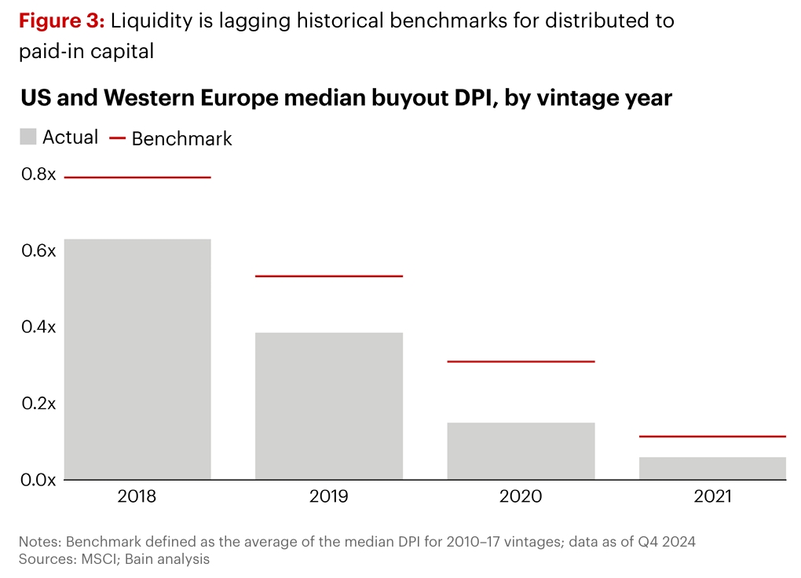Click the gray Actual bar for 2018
point(137,359)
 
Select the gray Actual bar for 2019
point(329,406)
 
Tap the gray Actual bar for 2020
point(521,451)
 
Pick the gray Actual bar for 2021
point(712,468)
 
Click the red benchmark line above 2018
point(137,177)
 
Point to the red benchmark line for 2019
point(329,276)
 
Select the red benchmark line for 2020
point(521,361)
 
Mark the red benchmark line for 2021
point(712,436)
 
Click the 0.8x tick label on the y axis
point(38,174)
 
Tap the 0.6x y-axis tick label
point(38,251)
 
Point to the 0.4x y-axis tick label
point(38,327)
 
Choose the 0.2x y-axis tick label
point(38,403)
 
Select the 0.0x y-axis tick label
point(38,479)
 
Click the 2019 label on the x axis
point(329,496)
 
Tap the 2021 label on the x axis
point(712,496)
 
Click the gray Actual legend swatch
point(28,137)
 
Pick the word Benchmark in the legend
point(181,139)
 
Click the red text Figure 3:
point(61,21)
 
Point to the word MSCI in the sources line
point(97,559)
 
